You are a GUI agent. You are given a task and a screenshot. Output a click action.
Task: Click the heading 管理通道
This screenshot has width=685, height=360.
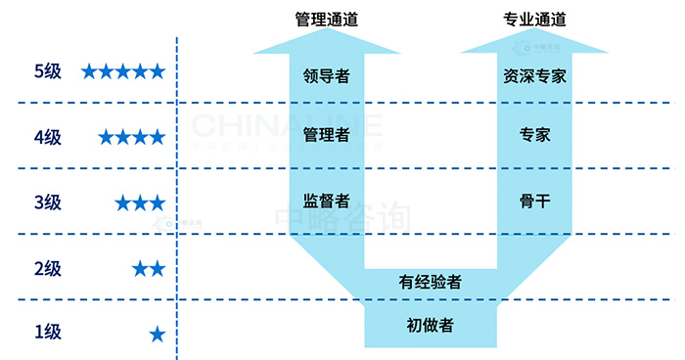327,19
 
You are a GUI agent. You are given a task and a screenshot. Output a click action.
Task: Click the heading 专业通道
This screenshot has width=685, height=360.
535,19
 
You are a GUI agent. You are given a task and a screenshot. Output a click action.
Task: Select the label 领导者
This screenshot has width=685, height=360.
327,74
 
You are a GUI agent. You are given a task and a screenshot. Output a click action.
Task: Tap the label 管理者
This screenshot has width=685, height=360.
327,135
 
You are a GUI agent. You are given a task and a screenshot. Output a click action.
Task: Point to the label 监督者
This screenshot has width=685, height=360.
327,201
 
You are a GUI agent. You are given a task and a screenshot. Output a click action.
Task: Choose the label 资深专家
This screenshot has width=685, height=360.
535,74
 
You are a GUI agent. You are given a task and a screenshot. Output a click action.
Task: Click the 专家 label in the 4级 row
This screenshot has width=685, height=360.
535,135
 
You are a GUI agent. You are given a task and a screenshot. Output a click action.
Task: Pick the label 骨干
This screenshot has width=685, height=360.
535,201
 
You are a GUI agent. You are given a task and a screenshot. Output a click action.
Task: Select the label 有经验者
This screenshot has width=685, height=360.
431,282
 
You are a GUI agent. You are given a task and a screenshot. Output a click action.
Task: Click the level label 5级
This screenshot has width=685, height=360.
47,71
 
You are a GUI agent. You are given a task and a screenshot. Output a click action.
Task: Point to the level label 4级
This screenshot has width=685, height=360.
47,137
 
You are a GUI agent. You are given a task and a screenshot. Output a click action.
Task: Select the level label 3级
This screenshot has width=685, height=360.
47,202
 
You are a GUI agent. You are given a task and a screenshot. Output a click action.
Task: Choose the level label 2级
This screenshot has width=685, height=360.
47,268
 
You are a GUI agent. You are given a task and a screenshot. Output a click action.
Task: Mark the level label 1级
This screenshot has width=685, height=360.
47,332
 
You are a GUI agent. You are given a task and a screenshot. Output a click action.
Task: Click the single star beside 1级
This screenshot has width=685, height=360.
157,334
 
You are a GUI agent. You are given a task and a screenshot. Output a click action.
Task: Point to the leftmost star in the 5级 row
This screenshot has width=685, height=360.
90,71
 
